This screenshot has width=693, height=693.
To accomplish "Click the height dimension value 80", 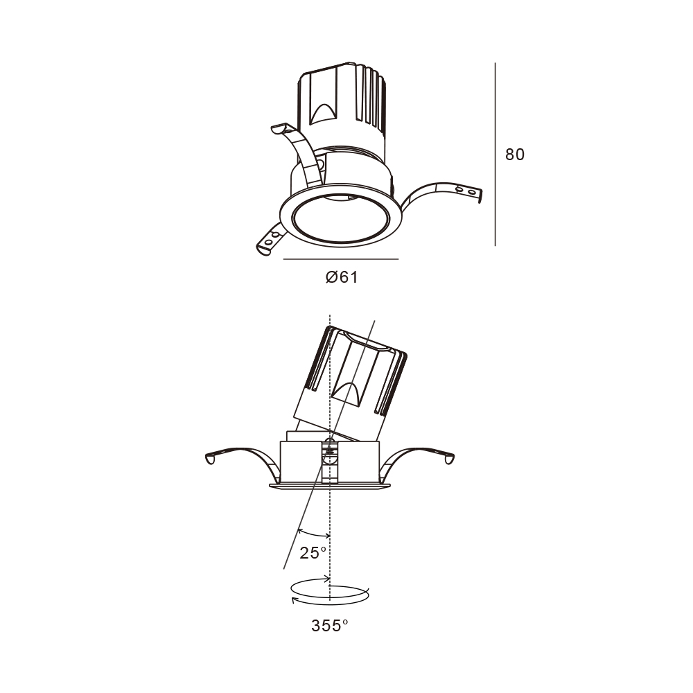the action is [515, 155].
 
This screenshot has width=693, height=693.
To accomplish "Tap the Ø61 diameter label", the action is [342, 277].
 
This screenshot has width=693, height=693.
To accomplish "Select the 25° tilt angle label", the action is [313, 553].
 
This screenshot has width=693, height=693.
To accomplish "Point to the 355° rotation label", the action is [330, 625].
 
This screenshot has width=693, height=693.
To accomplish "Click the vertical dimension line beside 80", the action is [495, 155].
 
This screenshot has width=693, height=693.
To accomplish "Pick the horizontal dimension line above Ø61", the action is [341, 259].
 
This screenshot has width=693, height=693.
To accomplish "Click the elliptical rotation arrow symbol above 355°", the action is [330, 591].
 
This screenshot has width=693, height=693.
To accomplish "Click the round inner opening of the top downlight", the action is [341, 218].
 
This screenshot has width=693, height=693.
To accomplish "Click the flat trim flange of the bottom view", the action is [330, 486].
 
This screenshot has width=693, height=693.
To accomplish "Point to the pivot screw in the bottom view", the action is [328, 451].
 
